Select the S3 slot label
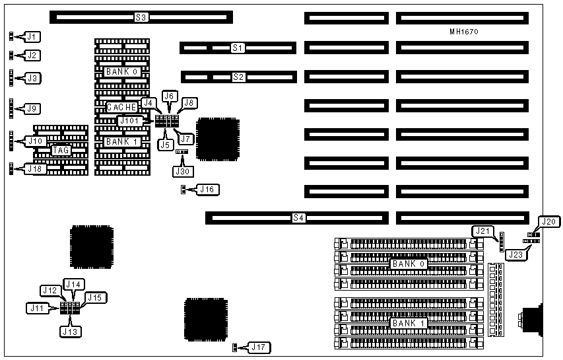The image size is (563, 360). (141, 16)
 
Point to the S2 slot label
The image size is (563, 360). (238, 77)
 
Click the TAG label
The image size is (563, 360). (61, 151)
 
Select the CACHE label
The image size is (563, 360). (122, 107)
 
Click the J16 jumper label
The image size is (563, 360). (208, 190)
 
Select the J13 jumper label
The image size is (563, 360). (71, 331)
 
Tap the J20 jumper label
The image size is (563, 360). (548, 222)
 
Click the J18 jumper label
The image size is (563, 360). (34, 168)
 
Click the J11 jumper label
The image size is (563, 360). (36, 307)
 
